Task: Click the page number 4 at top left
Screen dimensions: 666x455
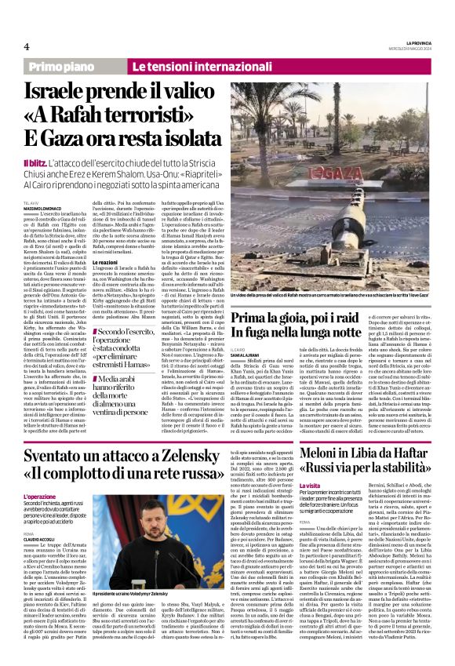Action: coord(26,47)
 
